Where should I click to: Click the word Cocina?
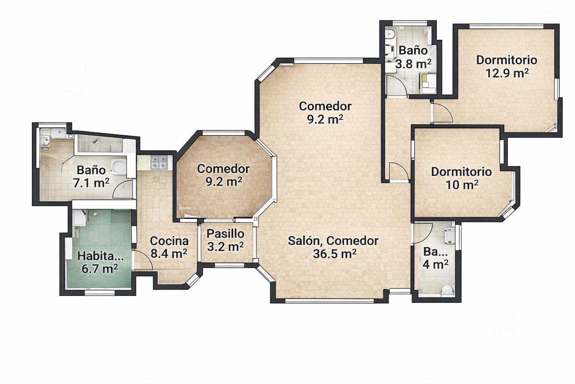click(x=169, y=241)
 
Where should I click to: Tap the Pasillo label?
click(x=225, y=234)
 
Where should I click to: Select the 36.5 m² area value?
click(x=334, y=254)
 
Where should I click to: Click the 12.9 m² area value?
click(x=507, y=73)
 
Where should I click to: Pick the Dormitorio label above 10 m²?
click(x=461, y=172)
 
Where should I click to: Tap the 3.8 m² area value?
click(x=413, y=64)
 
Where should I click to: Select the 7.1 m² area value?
click(x=91, y=183)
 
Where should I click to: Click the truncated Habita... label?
click(x=100, y=256)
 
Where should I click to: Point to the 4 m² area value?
click(x=436, y=264)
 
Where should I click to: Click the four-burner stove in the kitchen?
click(x=159, y=162)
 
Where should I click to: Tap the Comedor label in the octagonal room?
click(x=223, y=169)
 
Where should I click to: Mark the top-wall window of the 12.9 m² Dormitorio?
click(x=506, y=26)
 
